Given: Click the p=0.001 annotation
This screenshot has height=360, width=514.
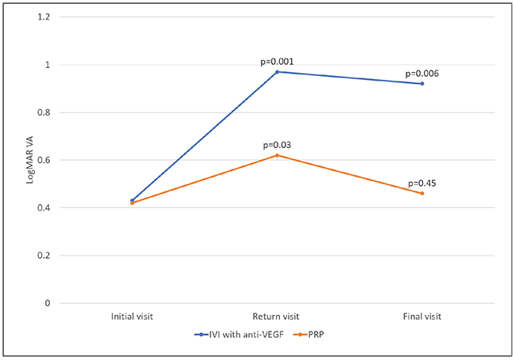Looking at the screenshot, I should coord(277,62).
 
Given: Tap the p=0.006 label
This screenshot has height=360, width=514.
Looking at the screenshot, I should coord(422,74).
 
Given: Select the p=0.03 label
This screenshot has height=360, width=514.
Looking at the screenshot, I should coord(277,145).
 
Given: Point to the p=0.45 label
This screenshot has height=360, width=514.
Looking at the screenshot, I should coord(422,183).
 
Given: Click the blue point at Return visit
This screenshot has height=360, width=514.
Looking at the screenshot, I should coord(277,72).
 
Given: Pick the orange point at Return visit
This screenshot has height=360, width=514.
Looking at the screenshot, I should coord(277,155).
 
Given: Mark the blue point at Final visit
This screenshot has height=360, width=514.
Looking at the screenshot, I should coord(422,84).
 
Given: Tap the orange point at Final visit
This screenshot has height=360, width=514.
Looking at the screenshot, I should coord(422,193).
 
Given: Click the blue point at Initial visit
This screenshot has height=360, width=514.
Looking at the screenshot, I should coord(131,200).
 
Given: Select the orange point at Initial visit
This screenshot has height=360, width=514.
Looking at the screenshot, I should coord(131,203).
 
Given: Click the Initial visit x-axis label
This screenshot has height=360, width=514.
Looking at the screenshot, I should coord(131,316).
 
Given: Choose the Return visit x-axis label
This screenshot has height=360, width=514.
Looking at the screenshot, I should coord(277,316).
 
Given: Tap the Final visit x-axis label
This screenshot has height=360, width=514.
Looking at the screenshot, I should coord(422,316).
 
